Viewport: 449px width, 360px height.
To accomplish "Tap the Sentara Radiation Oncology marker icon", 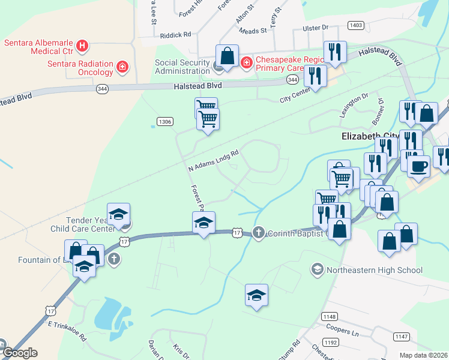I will point(122,66).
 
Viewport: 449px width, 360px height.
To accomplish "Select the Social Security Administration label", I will point(182,67).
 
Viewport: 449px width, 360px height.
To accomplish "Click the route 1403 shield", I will point(355,25).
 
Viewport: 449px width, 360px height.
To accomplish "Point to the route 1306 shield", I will point(165,122).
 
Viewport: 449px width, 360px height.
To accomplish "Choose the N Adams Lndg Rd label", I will point(214,160).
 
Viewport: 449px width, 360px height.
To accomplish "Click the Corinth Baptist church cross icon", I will point(259,232).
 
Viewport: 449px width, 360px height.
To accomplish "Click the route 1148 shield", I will point(330,316).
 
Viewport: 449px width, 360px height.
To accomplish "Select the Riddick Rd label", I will point(175,35).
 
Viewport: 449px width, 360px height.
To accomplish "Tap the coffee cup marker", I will point(418,165).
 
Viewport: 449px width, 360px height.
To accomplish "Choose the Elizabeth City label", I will point(370,136).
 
